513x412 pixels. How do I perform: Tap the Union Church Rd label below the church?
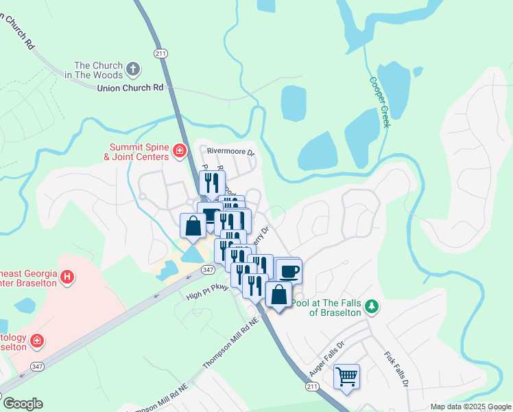[131, 88]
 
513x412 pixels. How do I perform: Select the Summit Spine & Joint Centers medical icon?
[180, 150]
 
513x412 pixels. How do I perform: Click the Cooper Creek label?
[380, 102]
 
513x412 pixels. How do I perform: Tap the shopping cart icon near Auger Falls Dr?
[347, 376]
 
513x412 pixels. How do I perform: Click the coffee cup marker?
[289, 271]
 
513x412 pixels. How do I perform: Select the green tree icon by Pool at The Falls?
[372, 306]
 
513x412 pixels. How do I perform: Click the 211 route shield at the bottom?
[312, 387]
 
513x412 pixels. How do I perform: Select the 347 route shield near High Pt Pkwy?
[208, 271]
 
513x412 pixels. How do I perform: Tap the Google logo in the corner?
[23, 404]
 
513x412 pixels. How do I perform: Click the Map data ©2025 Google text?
[470, 407]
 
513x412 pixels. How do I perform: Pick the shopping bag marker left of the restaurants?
[193, 226]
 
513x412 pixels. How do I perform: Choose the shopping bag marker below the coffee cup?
[278, 295]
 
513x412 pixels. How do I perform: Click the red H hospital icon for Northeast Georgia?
[67, 277]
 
